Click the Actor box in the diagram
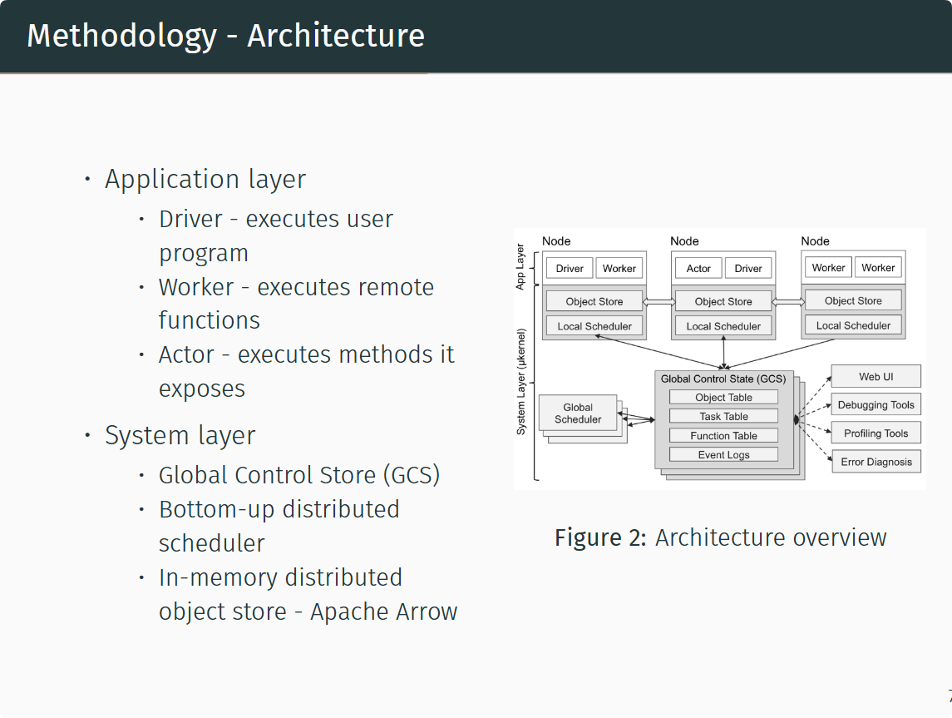[x=698, y=268]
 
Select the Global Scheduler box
[x=577, y=413]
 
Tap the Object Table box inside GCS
[x=723, y=398]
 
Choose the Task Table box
[x=723, y=416]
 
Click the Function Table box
[x=723, y=435]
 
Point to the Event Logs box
[x=723, y=454]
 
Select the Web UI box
[x=876, y=377]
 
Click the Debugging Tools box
[x=876, y=405]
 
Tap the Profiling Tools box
[x=876, y=433]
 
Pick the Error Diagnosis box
[x=876, y=462]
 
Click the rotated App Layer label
[x=521, y=267]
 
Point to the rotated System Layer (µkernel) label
[x=521, y=382]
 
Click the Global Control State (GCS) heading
[x=723, y=379]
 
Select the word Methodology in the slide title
[x=121, y=36]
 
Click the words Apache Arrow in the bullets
[x=383, y=612]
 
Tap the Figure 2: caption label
[x=600, y=537]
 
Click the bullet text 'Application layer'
[x=205, y=179]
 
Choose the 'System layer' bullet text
[x=180, y=435]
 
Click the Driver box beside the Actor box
[x=748, y=268]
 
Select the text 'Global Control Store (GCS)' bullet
[x=299, y=475]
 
